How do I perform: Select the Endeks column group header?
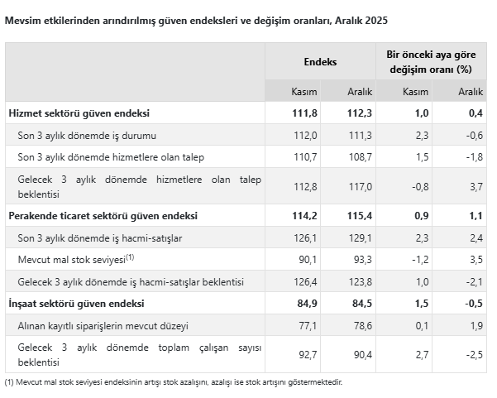tap(320, 61)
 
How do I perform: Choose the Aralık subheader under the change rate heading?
tap(470, 91)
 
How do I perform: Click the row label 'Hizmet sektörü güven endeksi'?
tap(79, 113)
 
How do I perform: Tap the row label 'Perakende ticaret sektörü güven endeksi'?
tap(103, 216)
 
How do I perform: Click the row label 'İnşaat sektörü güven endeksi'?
tap(76, 304)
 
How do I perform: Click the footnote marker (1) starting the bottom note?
tap(10, 382)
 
